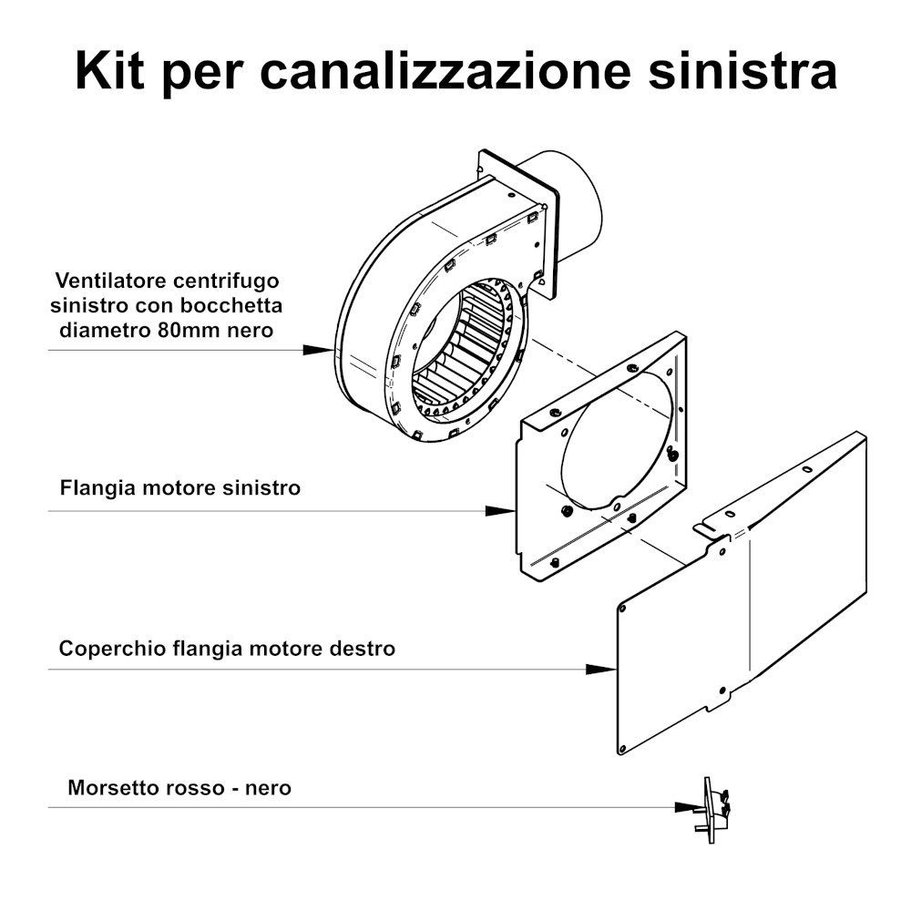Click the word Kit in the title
click(x=110, y=70)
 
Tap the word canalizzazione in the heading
click(x=445, y=70)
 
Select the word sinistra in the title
click(x=742, y=70)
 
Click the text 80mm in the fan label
click(x=186, y=330)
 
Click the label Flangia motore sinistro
click(x=180, y=487)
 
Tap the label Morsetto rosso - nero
click(x=179, y=788)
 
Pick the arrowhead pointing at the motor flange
click(x=500, y=511)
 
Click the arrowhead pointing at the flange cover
click(x=601, y=670)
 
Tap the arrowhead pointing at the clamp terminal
click(x=690, y=807)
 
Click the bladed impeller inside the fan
click(x=465, y=349)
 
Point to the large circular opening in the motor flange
click(x=616, y=439)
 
